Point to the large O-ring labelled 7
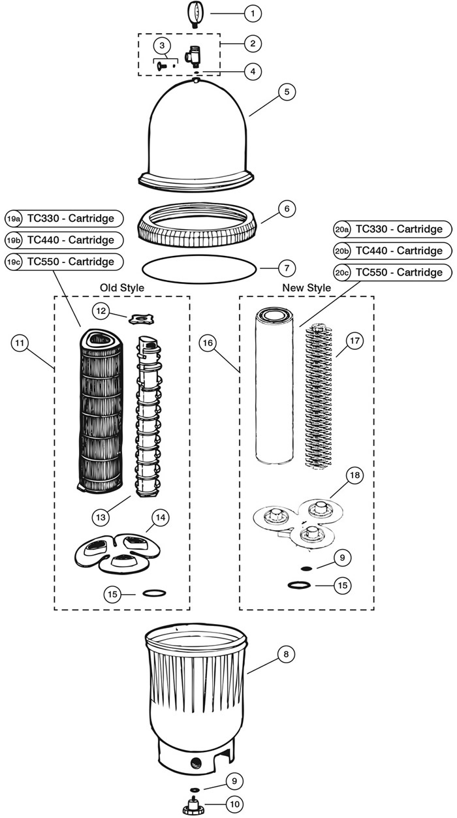point(198,268)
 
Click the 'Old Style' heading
point(121,287)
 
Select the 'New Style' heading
point(306,287)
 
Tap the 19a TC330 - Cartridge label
point(64,218)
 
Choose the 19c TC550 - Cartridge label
point(64,261)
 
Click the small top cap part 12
point(140,319)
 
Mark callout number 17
point(353,341)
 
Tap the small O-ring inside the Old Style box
point(154,593)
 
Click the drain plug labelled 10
point(193,806)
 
